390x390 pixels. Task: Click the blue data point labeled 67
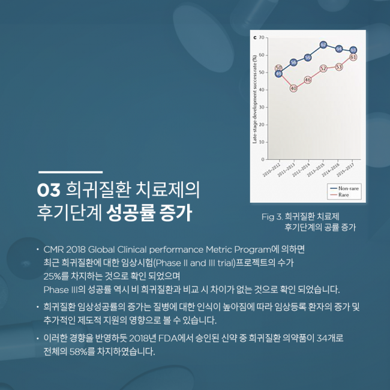(x=323, y=44)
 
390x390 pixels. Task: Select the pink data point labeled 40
(x=293, y=88)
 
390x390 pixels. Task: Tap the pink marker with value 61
(x=353, y=57)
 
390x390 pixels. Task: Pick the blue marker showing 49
(x=278, y=74)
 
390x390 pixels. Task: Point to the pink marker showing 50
(x=278, y=68)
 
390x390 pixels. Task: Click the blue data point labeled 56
(x=293, y=62)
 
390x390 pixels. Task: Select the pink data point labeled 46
(x=308, y=80)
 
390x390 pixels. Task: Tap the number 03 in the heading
(x=47, y=191)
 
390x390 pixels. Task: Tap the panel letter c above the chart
(x=256, y=37)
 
